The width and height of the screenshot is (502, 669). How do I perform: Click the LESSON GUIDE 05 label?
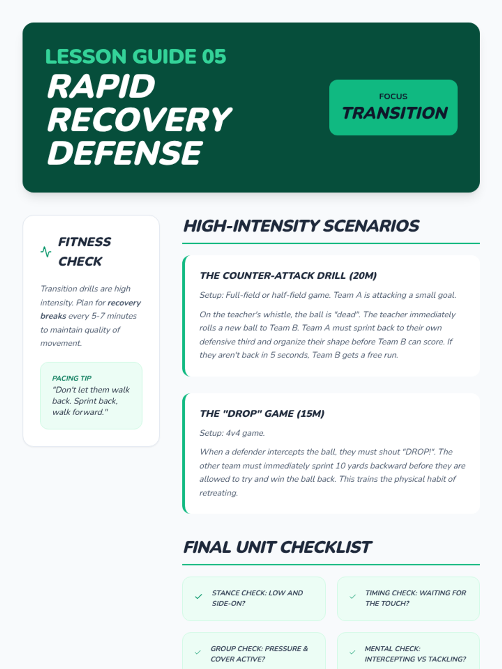pyautogui.click(x=136, y=57)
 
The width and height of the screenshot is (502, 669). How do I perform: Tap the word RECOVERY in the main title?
pyautogui.click(x=139, y=120)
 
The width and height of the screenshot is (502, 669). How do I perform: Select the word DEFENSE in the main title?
pyautogui.click(x=125, y=153)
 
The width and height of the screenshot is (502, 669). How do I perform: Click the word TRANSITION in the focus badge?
pyautogui.click(x=394, y=113)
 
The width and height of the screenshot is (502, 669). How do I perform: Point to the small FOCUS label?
pyautogui.click(x=393, y=97)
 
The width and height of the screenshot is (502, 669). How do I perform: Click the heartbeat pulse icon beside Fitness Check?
pyautogui.click(x=46, y=252)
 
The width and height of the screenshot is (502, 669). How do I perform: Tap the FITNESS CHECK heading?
pyautogui.click(x=85, y=251)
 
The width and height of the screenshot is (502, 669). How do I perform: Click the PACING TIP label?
pyautogui.click(x=72, y=378)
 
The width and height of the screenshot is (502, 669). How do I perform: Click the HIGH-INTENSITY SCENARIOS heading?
pyautogui.click(x=301, y=226)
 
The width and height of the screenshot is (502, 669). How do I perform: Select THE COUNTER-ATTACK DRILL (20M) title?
pyautogui.click(x=288, y=276)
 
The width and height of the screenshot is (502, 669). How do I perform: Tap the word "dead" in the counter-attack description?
pyautogui.click(x=346, y=314)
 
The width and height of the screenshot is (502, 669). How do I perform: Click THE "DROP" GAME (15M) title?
pyautogui.click(x=262, y=414)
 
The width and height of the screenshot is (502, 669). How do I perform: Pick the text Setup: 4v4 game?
pyautogui.click(x=232, y=433)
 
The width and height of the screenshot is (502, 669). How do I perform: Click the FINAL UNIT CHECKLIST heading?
pyautogui.click(x=277, y=547)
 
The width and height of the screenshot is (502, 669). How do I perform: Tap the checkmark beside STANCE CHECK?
pyautogui.click(x=198, y=597)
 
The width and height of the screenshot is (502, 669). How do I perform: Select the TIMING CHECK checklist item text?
pyautogui.click(x=415, y=598)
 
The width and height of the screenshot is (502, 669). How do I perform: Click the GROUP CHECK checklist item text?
pyautogui.click(x=259, y=654)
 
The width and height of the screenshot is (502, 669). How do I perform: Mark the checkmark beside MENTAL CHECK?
pyautogui.click(x=352, y=652)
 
